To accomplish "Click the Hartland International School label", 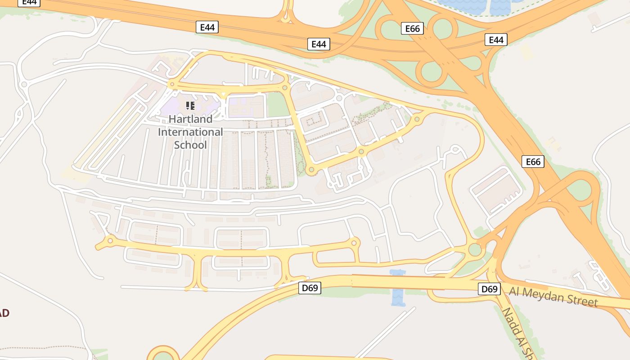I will (190, 132).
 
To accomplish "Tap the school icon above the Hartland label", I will (190, 106).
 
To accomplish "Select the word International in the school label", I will (190, 132).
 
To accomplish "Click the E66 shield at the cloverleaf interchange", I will (412, 29).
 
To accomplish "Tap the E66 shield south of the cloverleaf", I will (533, 162).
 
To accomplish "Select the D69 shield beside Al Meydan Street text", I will (489, 289).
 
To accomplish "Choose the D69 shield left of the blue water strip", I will (310, 288).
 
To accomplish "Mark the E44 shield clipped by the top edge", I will (29, 2).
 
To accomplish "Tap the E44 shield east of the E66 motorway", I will (496, 40).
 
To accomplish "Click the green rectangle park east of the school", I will (278, 105).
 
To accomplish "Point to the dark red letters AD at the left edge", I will (4, 313).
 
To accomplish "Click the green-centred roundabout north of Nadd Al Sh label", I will (475, 249).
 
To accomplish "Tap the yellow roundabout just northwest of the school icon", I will (171, 84).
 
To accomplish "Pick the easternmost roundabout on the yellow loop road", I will (417, 119).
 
